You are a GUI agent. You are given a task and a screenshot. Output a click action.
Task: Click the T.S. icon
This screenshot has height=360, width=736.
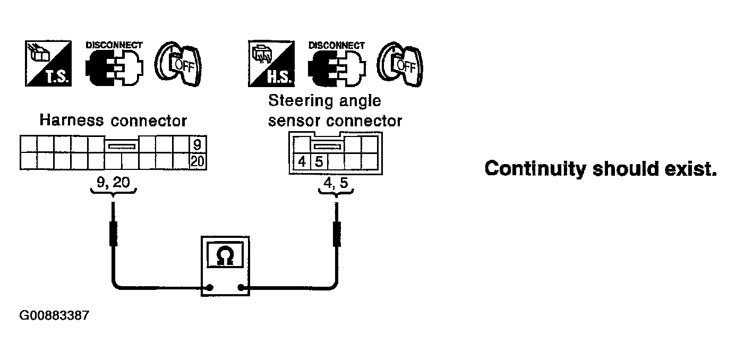(x=48, y=63)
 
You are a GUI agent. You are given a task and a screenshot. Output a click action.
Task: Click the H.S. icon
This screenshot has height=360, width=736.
(x=271, y=64)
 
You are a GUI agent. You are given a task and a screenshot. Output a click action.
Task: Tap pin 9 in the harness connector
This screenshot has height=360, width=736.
(x=198, y=144)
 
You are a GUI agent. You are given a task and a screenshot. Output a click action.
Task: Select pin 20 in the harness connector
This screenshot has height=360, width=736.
(x=198, y=161)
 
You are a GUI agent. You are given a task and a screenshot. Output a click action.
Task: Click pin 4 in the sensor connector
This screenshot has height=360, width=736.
(x=302, y=161)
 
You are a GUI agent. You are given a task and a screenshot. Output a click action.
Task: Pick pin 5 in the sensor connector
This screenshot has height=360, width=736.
(x=319, y=161)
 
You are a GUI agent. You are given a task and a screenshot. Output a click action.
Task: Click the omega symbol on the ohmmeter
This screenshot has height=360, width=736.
(x=225, y=256)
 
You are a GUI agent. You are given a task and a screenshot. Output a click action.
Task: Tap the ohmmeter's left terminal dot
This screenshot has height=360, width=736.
(x=210, y=288)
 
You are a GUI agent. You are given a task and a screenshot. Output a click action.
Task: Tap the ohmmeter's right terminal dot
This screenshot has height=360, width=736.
(x=241, y=288)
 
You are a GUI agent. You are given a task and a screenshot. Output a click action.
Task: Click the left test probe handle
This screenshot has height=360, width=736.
(x=113, y=234)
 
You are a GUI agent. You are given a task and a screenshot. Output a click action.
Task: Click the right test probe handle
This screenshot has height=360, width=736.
(x=337, y=234)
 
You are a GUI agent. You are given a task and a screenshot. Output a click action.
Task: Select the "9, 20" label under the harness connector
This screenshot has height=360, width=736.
(x=113, y=182)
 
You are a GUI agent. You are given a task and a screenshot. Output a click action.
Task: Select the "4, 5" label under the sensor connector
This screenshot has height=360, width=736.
(x=336, y=183)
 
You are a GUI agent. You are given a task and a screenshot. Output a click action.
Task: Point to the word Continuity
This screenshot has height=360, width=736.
(x=535, y=169)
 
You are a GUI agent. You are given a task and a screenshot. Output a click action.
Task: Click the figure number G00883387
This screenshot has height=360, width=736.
(x=54, y=315)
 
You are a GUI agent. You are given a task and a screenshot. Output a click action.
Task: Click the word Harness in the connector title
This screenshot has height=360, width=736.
(x=72, y=120)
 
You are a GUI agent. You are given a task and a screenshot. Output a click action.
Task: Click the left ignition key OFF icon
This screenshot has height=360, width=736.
(x=178, y=64)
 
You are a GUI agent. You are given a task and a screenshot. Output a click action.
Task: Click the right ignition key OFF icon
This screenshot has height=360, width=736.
(x=400, y=64)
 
